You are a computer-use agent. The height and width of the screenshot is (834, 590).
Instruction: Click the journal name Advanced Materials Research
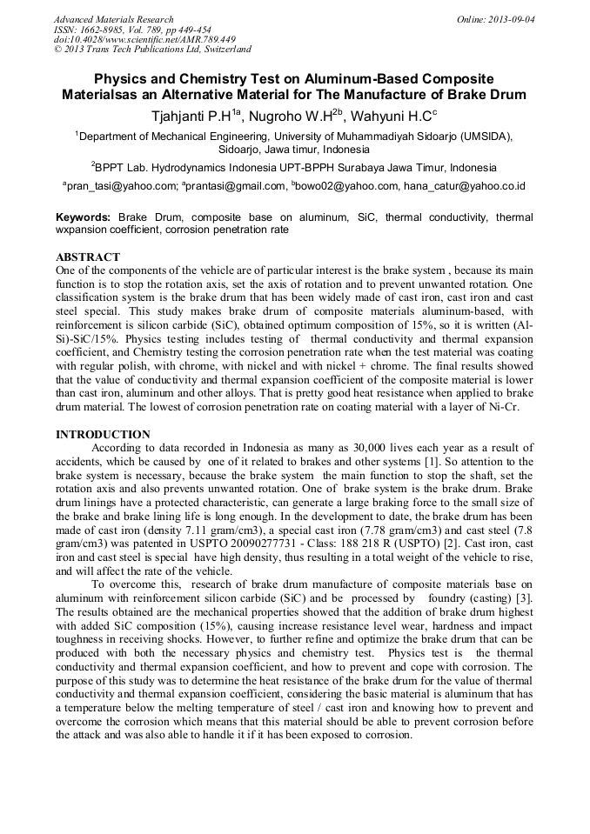click(x=113, y=19)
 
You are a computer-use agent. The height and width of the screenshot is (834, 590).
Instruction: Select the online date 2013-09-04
click(x=510, y=19)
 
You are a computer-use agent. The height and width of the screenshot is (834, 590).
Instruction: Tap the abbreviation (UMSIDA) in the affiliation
click(x=484, y=136)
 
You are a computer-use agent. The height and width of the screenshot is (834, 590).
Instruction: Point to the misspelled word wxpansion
click(x=85, y=230)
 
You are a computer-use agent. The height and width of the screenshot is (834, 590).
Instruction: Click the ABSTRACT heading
click(x=88, y=258)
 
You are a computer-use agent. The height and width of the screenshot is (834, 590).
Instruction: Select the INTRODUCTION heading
click(x=103, y=434)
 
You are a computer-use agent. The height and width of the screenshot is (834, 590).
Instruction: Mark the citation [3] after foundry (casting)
click(x=525, y=598)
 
